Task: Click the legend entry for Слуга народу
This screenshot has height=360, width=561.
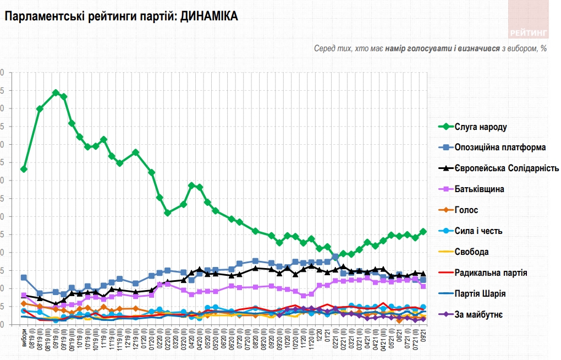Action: click(481, 127)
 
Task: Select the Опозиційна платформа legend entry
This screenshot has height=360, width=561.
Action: click(500, 148)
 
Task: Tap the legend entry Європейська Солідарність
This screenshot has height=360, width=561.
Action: click(507, 168)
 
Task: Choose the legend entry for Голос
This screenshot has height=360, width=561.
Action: click(466, 210)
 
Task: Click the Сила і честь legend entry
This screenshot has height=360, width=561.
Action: click(479, 231)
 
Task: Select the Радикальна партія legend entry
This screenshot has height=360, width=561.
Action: click(491, 273)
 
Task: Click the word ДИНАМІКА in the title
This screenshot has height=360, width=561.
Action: click(209, 17)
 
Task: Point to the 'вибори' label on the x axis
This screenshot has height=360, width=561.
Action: click(24, 341)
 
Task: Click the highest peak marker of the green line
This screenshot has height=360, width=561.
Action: click(56, 92)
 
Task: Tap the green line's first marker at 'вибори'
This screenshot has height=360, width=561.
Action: click(24, 169)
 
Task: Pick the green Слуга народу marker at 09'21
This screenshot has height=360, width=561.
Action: click(423, 232)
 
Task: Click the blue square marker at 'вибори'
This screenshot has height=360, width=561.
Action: click(24, 277)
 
